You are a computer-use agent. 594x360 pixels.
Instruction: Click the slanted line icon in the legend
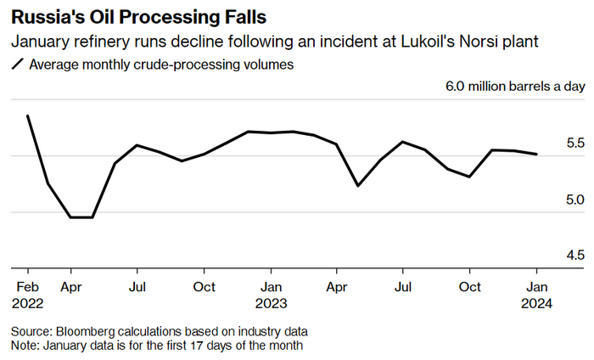point(17,65)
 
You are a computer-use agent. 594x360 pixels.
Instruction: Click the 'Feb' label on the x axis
point(28,286)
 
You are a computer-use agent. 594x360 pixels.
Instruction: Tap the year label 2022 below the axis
point(30,302)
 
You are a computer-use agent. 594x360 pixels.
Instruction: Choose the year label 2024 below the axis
point(538,302)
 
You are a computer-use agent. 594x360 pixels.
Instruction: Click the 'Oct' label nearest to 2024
point(469,286)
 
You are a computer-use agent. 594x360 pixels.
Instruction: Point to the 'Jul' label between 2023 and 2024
point(403,286)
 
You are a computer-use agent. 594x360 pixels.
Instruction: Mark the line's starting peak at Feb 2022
point(29,115)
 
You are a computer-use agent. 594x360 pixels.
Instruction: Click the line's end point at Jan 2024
point(537,155)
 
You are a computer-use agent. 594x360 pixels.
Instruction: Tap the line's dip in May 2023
point(358,185)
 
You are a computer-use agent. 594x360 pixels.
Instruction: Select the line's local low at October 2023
point(470,177)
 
